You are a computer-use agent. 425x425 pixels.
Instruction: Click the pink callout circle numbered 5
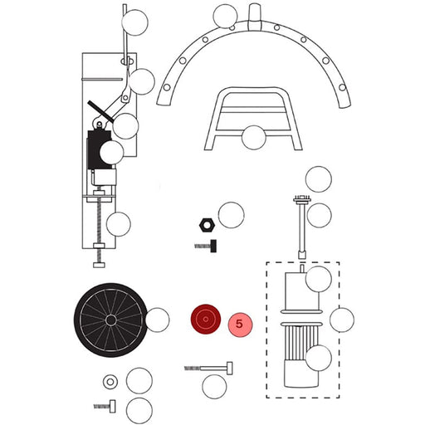point(240,325)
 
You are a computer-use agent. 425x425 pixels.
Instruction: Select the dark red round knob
point(206,319)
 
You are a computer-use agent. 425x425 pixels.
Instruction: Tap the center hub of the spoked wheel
point(111,320)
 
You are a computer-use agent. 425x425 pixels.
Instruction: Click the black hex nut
point(207,225)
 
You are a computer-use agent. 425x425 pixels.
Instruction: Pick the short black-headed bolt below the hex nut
point(206,246)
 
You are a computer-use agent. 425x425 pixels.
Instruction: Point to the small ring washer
point(110,382)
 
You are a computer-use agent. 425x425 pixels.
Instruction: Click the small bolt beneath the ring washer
point(105,406)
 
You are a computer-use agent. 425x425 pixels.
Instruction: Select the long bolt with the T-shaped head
point(208,369)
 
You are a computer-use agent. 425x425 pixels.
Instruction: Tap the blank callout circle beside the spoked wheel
point(157,320)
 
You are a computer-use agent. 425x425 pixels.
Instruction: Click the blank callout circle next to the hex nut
point(231,215)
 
